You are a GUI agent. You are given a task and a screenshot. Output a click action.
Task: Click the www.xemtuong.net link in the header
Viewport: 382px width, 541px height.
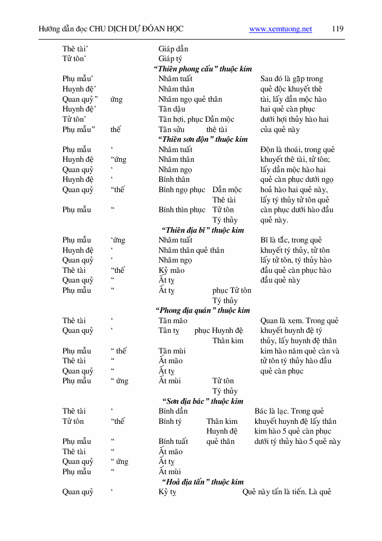280,29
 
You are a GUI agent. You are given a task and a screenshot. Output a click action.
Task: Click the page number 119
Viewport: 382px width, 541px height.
337,29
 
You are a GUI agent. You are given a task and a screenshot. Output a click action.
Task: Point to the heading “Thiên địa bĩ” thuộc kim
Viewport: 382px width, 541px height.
202,230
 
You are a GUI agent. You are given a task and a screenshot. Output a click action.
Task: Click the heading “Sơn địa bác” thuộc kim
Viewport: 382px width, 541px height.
202,401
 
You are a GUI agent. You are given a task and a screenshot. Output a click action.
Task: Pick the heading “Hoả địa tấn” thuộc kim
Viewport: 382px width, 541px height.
202,482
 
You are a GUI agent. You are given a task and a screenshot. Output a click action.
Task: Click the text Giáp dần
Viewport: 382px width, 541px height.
173,49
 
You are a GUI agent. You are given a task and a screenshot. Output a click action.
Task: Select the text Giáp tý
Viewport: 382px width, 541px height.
170,59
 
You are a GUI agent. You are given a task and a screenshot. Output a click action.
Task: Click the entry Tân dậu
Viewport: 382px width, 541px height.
171,109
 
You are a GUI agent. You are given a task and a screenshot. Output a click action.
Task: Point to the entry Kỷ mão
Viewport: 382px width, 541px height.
171,270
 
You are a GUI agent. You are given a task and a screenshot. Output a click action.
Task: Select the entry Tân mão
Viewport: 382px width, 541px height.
173,321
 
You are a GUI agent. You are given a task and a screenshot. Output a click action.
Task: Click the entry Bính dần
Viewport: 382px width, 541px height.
173,411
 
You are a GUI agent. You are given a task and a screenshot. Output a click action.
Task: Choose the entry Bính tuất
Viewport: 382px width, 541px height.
173,441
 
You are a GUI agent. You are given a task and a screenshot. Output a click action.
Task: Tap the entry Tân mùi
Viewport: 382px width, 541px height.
171,351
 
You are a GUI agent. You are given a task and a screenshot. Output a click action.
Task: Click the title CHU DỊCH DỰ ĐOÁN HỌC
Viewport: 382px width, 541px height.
136,29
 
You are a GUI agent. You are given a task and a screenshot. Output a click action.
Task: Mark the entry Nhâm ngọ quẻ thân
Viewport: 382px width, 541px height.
190,99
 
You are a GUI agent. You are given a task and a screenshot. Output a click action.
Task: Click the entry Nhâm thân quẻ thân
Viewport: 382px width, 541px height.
191,250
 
